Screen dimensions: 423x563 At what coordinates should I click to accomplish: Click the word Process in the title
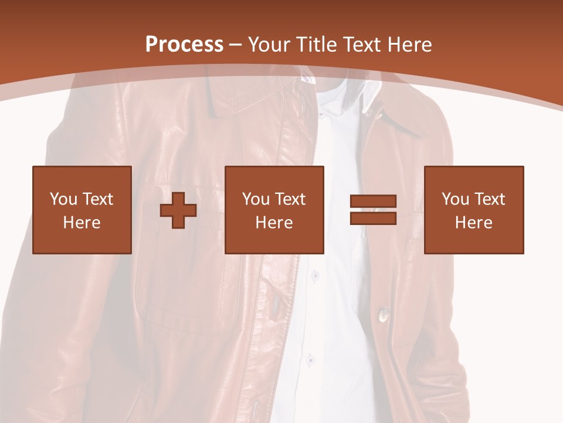184,45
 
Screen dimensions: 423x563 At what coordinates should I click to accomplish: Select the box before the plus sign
82,210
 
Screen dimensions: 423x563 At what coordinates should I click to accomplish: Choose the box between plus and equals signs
274,210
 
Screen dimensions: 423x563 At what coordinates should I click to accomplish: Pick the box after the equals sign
473,210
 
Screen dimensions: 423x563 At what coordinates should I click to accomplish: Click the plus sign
178,210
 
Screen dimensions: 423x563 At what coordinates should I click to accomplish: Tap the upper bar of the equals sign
373,201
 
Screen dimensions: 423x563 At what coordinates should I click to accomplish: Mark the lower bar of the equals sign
373,218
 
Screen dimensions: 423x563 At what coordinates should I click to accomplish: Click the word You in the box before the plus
63,199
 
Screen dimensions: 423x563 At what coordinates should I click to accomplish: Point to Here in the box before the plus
82,223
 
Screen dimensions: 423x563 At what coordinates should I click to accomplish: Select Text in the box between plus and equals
290,199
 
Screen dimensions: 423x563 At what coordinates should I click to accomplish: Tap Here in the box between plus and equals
274,223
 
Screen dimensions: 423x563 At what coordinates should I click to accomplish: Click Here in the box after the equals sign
473,223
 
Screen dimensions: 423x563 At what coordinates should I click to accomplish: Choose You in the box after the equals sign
455,199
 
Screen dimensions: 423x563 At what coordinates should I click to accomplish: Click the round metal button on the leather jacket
383,316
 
